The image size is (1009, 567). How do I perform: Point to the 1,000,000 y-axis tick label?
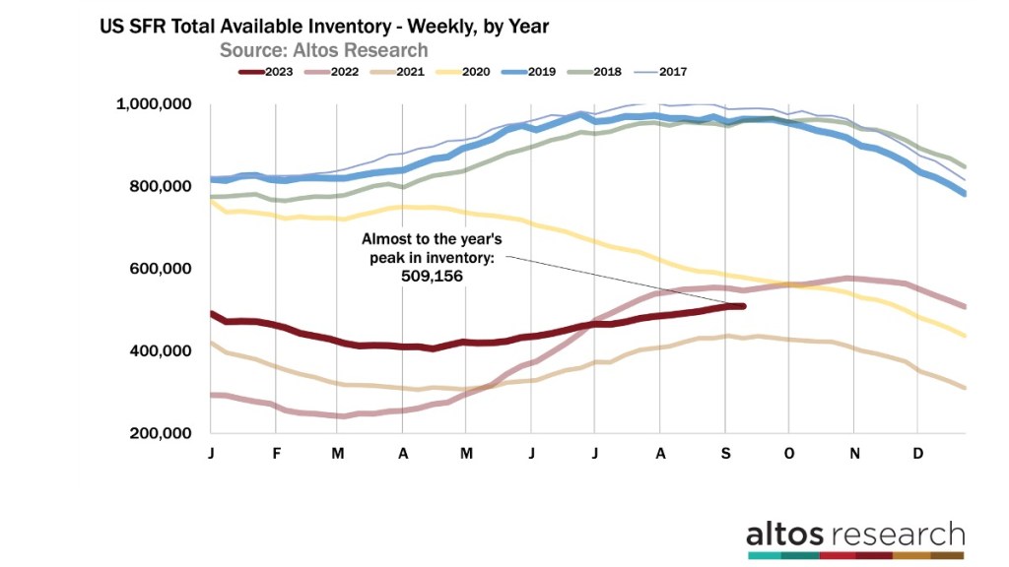pyautogui.click(x=155, y=104)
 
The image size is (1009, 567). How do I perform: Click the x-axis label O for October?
pyautogui.click(x=789, y=453)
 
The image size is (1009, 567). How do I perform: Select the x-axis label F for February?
pyautogui.click(x=277, y=453)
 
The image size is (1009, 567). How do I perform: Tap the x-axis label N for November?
pyautogui.click(x=854, y=453)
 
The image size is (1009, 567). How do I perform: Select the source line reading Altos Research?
pyautogui.click(x=323, y=49)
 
